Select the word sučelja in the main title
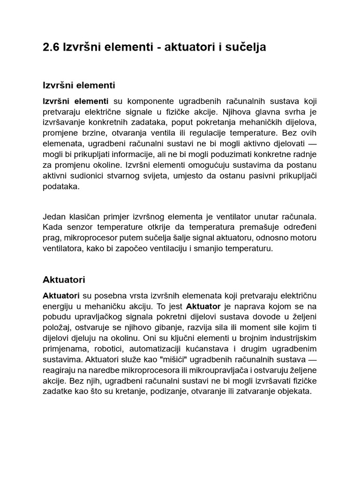coord(247,48)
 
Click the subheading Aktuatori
coord(64,280)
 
